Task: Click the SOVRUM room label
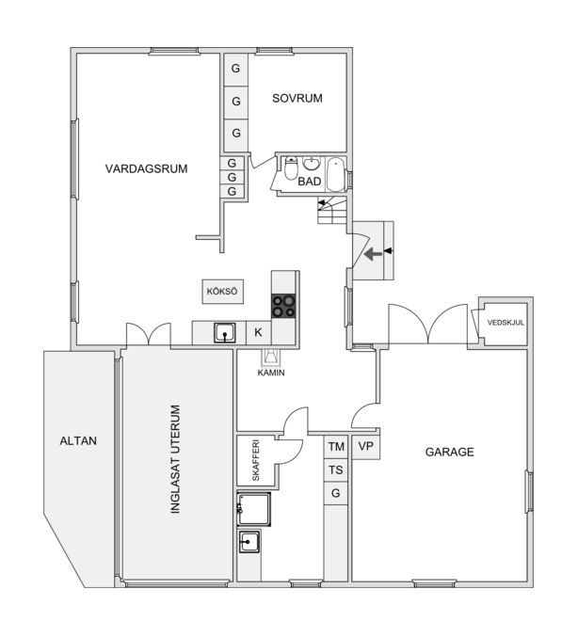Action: pos(297,98)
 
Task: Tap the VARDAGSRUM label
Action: pos(146,168)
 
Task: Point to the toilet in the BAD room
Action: pos(291,168)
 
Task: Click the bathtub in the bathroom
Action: pos(336,175)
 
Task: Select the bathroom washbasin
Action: pos(312,164)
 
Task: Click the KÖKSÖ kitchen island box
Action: pos(223,292)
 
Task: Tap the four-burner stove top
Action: pos(283,306)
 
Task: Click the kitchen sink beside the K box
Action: pos(225,333)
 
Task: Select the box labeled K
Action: pos(259,333)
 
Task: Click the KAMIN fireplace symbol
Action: pos(271,358)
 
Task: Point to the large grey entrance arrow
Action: pos(373,255)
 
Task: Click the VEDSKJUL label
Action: pos(506,323)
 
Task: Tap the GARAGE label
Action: pos(450,453)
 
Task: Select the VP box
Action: pos(366,447)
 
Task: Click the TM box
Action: pos(336,447)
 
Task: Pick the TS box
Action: pos(336,470)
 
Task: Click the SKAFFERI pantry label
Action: pos(256,460)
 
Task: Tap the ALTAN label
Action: pos(78,441)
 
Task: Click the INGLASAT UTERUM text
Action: pos(175,459)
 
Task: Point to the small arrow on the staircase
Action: pos(322,202)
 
